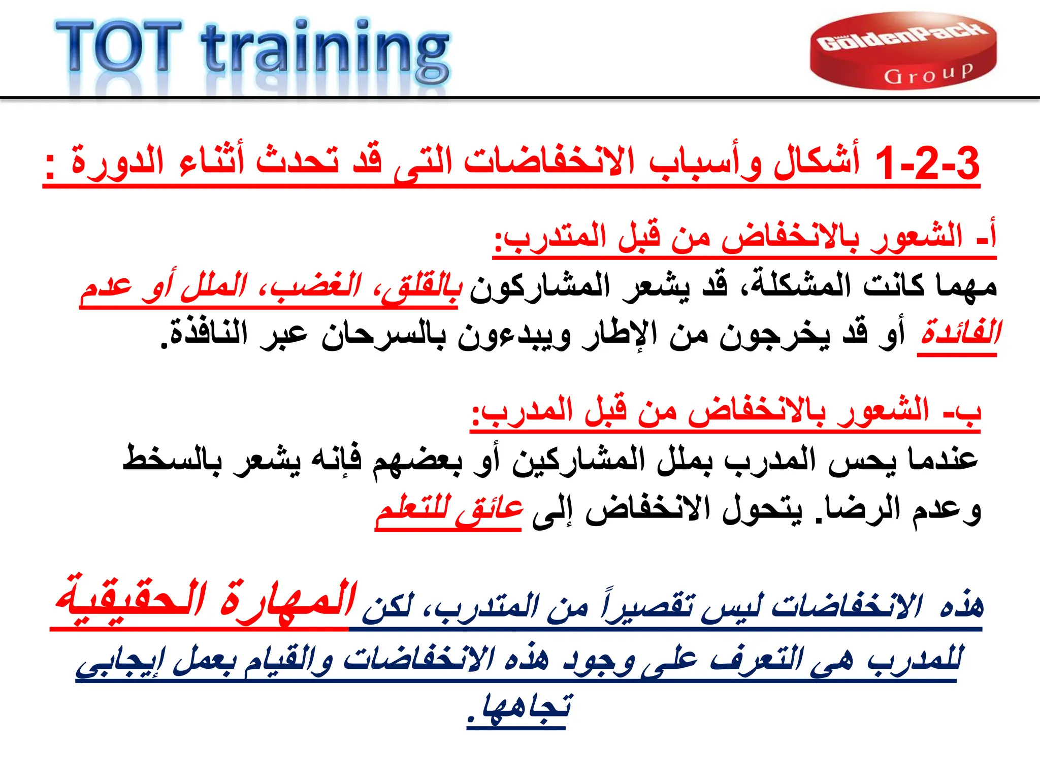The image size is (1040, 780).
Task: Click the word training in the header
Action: pyautogui.click(x=325, y=51)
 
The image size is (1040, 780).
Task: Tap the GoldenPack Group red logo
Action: pyautogui.click(x=903, y=51)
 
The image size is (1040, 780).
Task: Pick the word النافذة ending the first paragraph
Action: pyautogui.click(x=208, y=334)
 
